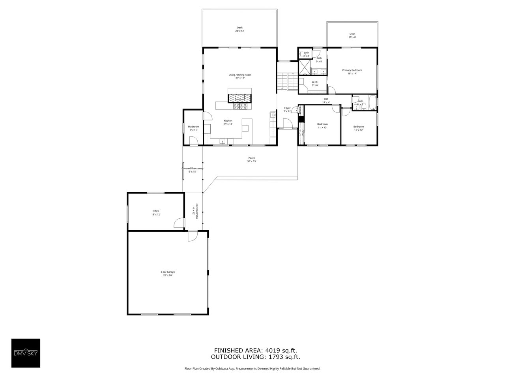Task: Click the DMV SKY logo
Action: pyautogui.click(x=26, y=353)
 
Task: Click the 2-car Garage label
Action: pyautogui.click(x=168, y=274)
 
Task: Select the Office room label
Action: pyautogui.click(x=156, y=212)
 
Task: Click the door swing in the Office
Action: pyautogui.click(x=179, y=223)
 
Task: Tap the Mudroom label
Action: pyautogui.click(x=193, y=128)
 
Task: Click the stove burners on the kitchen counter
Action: pyautogui.click(x=241, y=106)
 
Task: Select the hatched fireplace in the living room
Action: pyautogui.click(x=239, y=97)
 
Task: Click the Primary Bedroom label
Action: pyautogui.click(x=352, y=71)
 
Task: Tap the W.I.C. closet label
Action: pyautogui.click(x=315, y=83)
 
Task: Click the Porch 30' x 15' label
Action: pyautogui.click(x=252, y=159)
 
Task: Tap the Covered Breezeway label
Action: pyautogui.click(x=192, y=170)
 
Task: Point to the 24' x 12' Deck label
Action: pyautogui.click(x=239, y=29)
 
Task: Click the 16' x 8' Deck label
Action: pyautogui.click(x=352, y=35)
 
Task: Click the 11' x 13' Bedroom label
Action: pyautogui.click(x=322, y=126)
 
